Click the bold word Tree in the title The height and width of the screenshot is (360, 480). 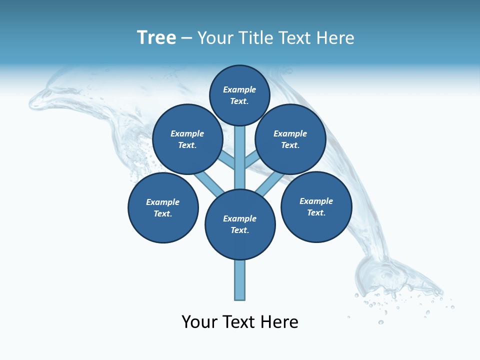[156, 37]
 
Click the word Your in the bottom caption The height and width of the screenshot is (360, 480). [199, 321]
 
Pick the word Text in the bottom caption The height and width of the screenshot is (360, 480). [239, 321]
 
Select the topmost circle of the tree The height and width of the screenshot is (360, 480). [239, 95]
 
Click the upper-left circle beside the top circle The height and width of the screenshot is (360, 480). [187, 139]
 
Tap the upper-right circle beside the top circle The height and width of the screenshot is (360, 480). [290, 139]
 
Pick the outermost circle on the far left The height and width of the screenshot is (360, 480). [163, 207]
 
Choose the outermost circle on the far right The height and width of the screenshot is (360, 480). [316, 206]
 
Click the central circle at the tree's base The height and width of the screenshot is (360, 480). [240, 224]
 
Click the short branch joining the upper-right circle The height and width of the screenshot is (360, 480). [251, 160]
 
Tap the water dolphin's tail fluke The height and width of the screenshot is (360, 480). [395, 277]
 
